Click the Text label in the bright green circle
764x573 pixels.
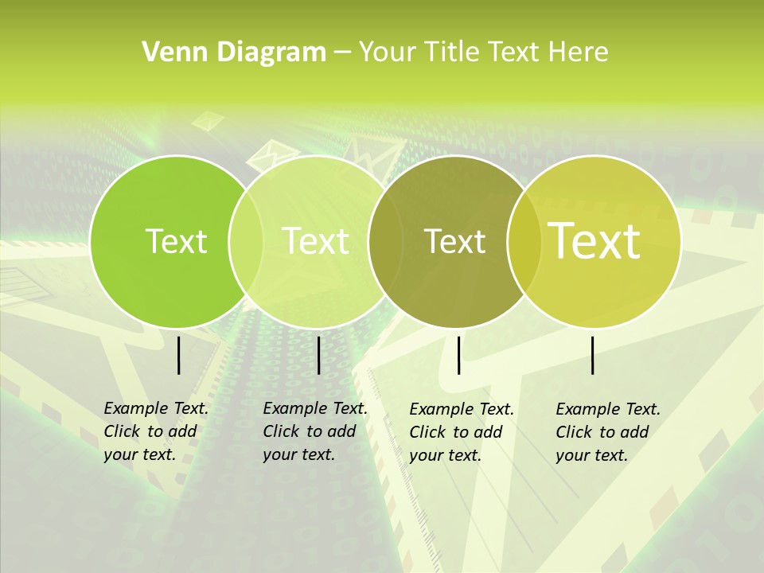point(176,241)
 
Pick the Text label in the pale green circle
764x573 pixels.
point(315,241)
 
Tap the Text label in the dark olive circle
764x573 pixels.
point(454,241)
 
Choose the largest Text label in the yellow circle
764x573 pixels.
point(594,241)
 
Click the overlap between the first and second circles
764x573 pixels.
point(246,241)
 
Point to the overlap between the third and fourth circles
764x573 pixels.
point(524,241)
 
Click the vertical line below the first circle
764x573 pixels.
point(179,355)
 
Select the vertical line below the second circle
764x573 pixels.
point(318,355)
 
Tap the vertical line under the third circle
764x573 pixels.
point(459,355)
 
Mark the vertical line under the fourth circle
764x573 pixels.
point(593,355)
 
